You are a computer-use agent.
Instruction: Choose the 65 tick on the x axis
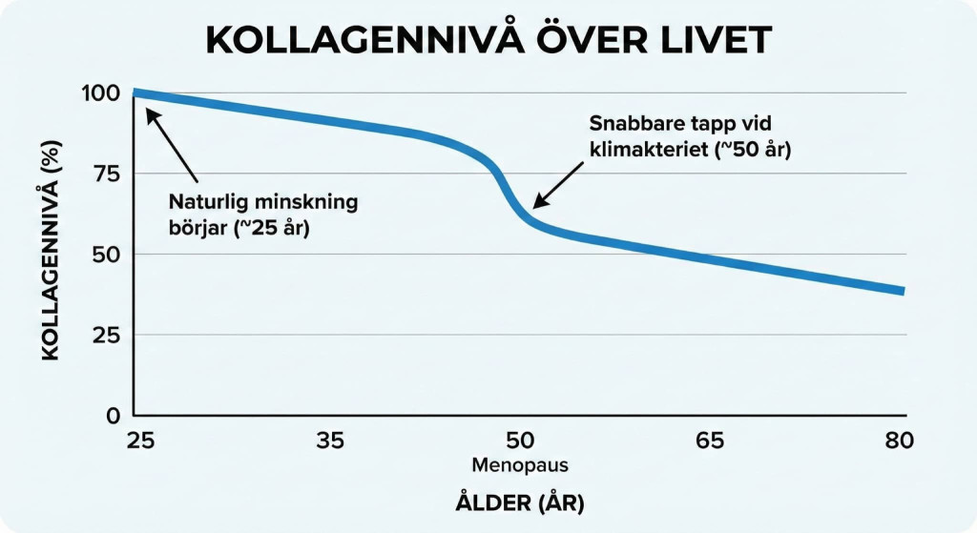point(712,441)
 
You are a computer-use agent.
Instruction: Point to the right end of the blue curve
point(902,291)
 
